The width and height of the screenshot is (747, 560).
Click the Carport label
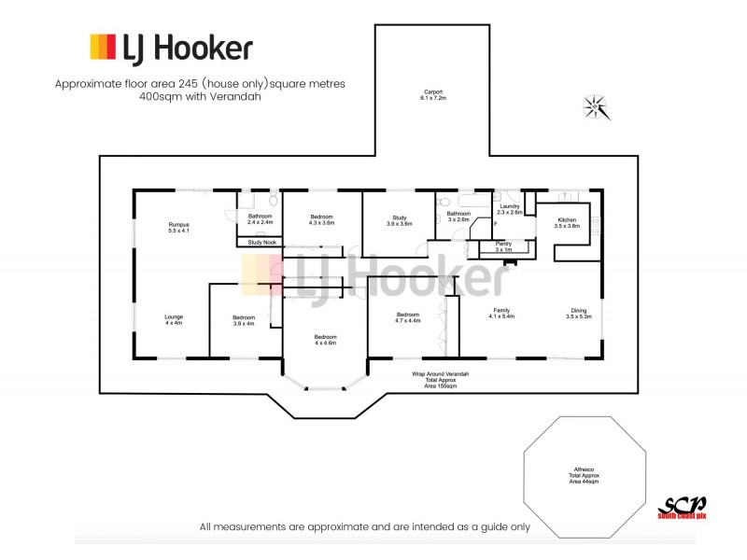(431, 94)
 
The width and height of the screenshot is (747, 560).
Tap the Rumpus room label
(178, 227)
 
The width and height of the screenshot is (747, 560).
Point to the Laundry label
(509, 209)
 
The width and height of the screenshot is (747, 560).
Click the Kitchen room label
(567, 223)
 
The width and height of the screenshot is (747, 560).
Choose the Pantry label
(503, 246)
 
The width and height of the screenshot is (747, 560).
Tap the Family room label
(502, 314)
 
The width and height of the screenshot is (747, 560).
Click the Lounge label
(174, 320)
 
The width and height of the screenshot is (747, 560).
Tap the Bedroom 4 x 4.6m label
(325, 340)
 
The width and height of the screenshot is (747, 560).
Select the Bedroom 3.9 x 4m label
(244, 321)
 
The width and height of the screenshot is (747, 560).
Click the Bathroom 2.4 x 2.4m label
(260, 219)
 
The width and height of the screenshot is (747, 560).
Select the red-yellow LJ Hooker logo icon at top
(103, 47)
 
